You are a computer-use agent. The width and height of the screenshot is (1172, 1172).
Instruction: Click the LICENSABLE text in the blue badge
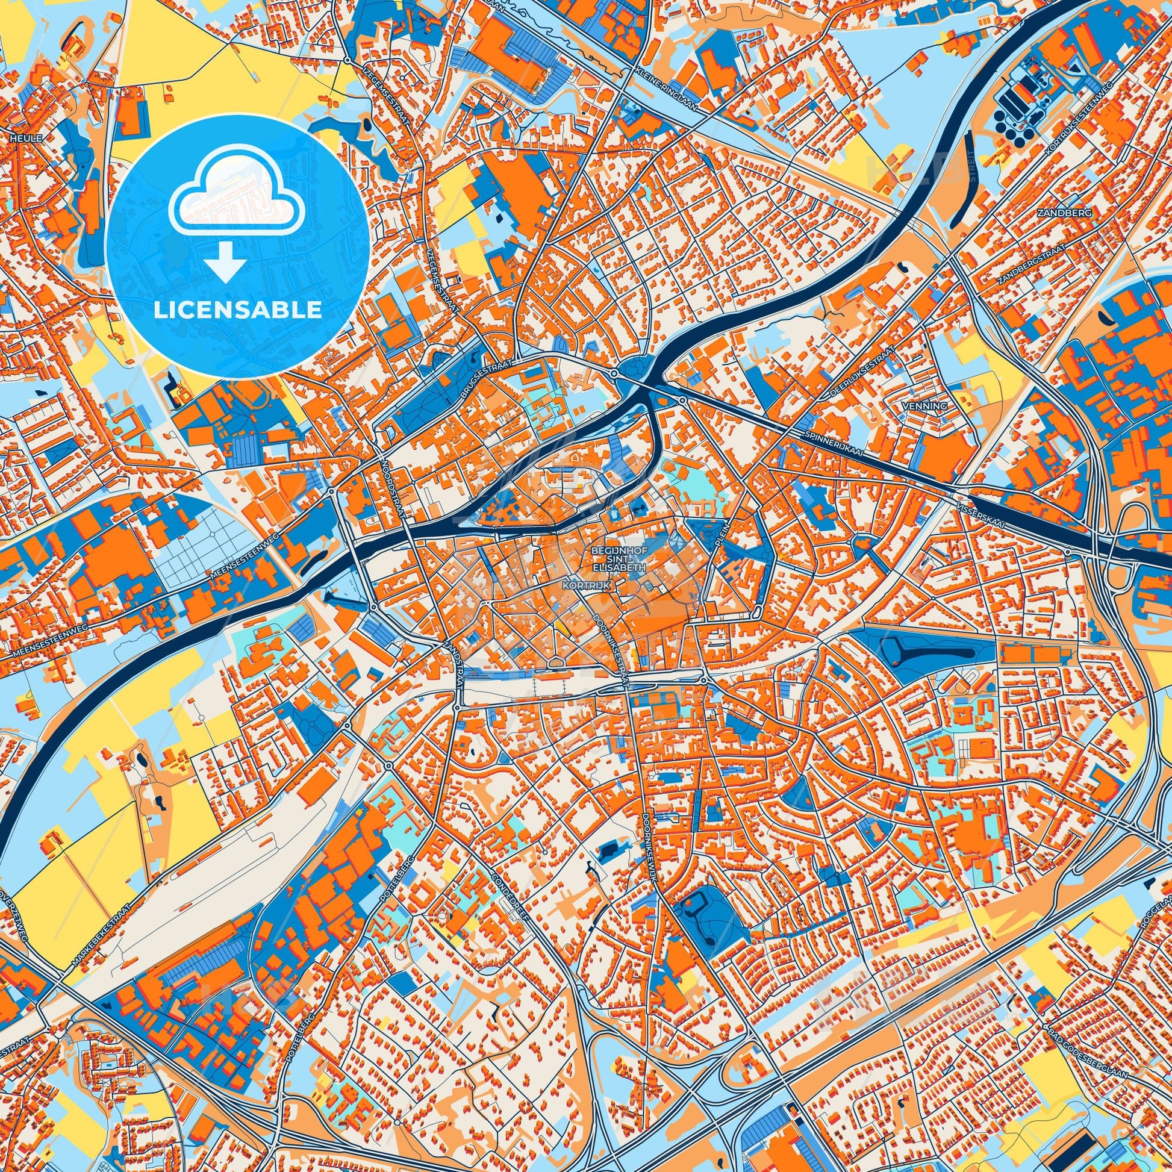237,310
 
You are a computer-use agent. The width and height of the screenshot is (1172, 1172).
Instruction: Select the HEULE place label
26,139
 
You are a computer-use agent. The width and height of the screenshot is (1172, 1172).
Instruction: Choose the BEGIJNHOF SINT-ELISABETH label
617,561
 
